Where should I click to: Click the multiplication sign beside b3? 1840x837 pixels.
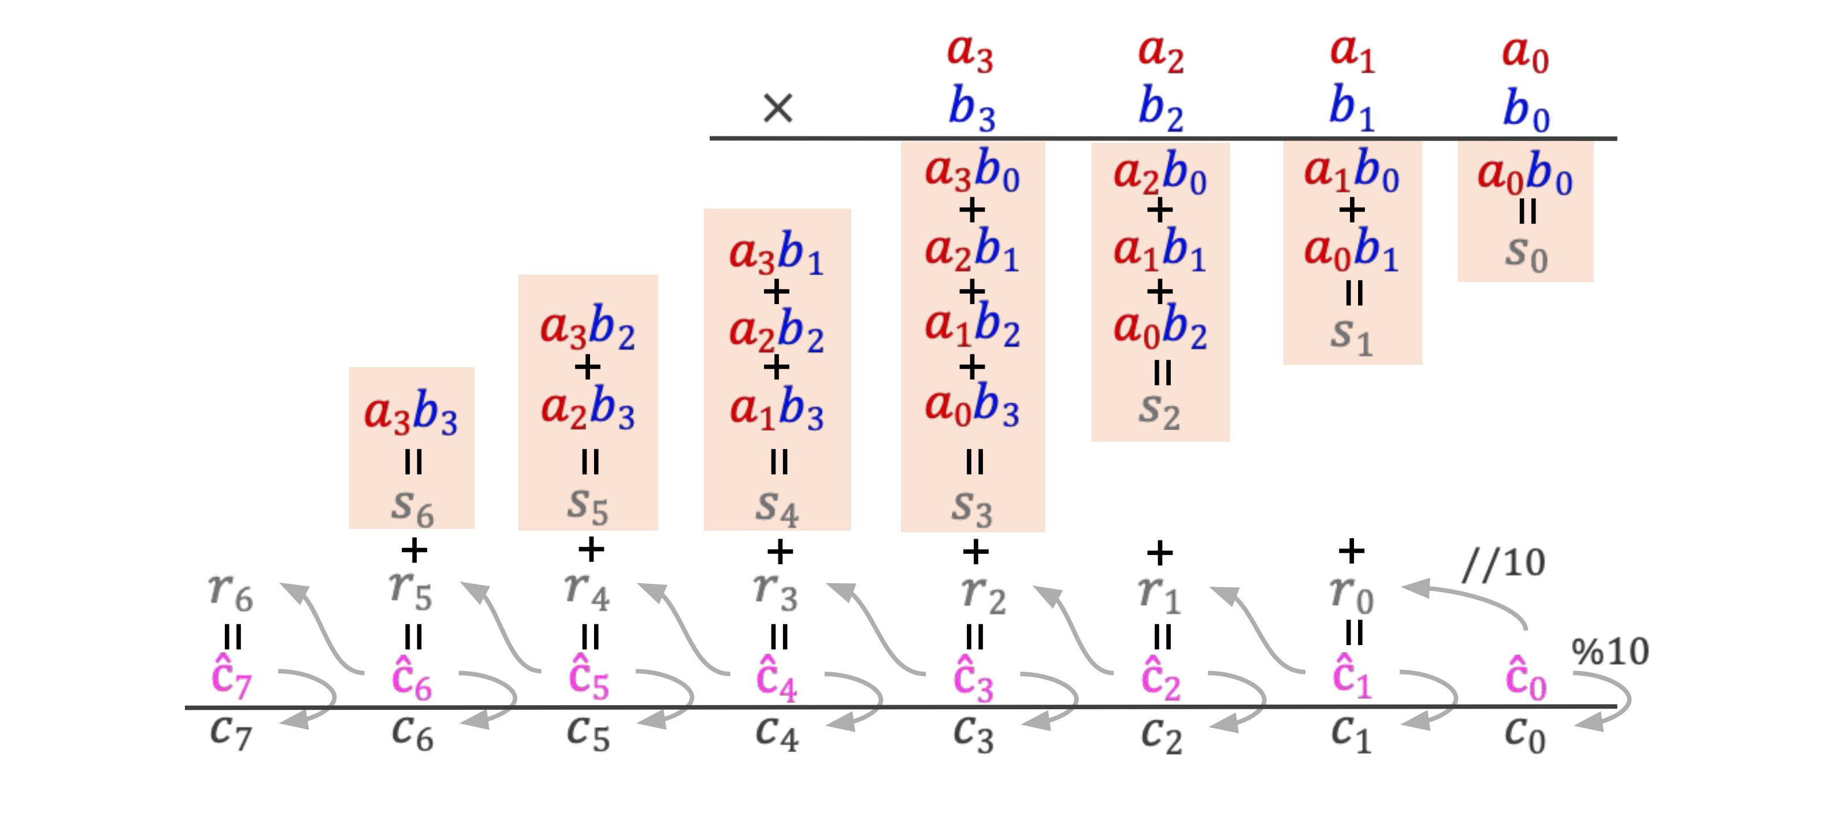777,109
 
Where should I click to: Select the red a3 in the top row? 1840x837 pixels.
970,53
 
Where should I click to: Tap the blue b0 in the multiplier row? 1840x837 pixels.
1526,111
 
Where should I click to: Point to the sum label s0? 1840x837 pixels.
1526,254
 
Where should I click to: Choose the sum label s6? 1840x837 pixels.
412,507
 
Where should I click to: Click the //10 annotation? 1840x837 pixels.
1503,564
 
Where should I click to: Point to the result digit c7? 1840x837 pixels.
231,732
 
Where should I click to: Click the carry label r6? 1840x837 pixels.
231,592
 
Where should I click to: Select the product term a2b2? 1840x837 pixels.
777,332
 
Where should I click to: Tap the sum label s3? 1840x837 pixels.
971,507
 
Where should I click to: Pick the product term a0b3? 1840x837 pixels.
971,406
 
